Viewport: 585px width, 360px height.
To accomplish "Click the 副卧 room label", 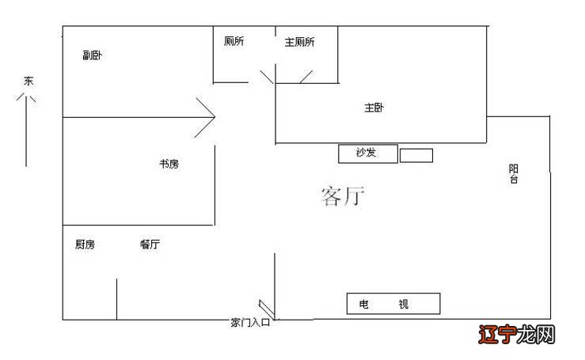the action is click(93, 55).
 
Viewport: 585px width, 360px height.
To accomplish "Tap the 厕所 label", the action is click(234, 42).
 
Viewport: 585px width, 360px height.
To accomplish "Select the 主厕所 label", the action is click(299, 42).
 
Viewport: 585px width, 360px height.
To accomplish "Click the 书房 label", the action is click(169, 165).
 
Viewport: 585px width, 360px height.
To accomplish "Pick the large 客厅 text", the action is click(343, 197).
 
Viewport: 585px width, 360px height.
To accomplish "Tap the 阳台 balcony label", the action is click(514, 174).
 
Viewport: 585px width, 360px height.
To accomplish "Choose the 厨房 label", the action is click(85, 245).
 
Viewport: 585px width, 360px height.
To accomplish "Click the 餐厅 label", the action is click(150, 245).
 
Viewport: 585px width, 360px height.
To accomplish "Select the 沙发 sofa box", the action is click(366, 153).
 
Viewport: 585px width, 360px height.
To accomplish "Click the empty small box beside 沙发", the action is click(416, 155).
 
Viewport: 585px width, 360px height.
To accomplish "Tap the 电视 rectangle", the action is click(393, 304).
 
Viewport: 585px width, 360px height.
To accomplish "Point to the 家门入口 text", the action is click(250, 323).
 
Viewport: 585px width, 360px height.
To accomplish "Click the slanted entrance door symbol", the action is click(266, 309).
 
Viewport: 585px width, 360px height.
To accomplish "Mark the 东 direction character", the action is click(28, 81).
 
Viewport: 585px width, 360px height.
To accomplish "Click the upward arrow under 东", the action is click(26, 127).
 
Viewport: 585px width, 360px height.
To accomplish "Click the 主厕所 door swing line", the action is click(306, 76).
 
